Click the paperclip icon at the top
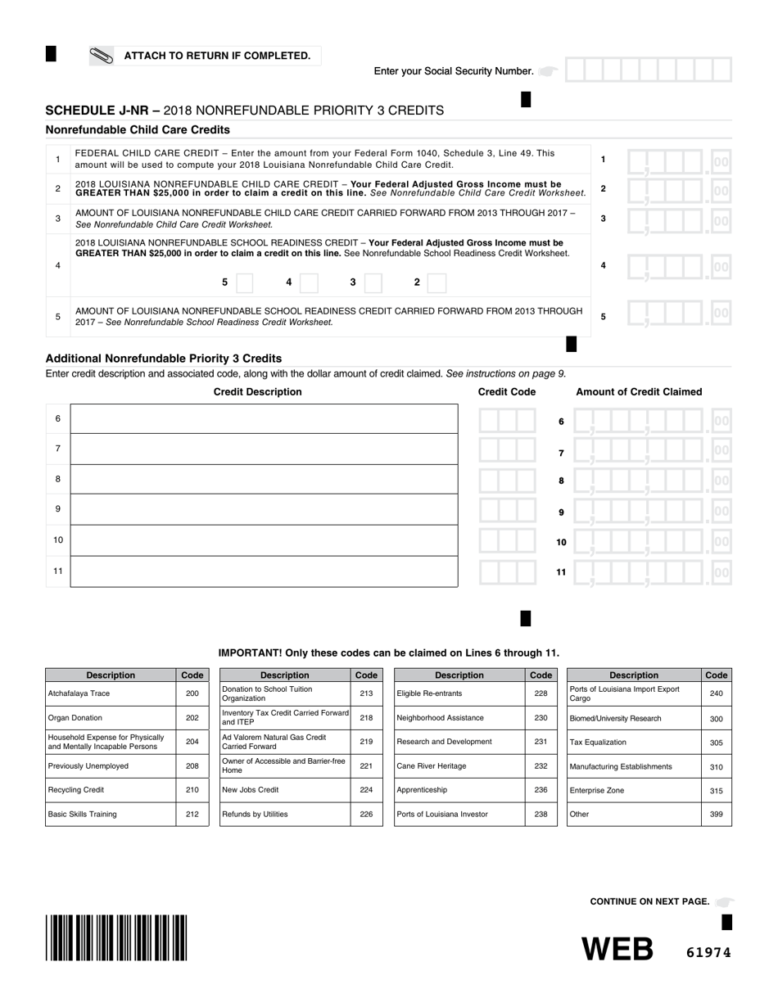click(102, 56)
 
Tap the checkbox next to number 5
click(244, 282)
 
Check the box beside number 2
click(436, 282)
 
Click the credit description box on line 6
click(264, 418)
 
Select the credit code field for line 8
click(508, 481)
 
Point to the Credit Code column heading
click(506, 391)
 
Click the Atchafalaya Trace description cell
click(111, 693)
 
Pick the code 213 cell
click(366, 693)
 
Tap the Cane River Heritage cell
click(459, 766)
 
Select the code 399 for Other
click(716, 814)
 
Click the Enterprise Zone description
click(634, 790)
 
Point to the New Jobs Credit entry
click(285, 790)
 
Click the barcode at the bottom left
click(116, 937)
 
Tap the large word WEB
click(617, 950)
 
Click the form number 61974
click(707, 952)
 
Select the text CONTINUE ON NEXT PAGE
click(649, 901)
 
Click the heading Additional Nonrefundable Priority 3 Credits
click(164, 359)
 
